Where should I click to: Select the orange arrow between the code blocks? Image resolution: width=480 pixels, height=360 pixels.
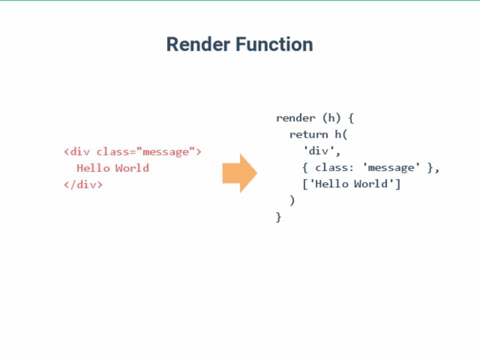tap(239, 173)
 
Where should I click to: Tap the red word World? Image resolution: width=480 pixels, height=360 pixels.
tap(132, 168)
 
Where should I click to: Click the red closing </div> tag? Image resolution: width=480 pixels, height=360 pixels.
tap(83, 184)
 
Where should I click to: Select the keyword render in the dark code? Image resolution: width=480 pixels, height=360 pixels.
tap(295, 118)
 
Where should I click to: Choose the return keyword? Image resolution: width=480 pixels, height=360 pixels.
tap(308, 134)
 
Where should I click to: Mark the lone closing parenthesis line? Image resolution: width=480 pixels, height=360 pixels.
tap(292, 200)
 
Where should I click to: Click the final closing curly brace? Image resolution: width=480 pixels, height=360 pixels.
tap(278, 217)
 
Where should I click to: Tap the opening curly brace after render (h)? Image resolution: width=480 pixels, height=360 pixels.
tap(351, 118)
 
